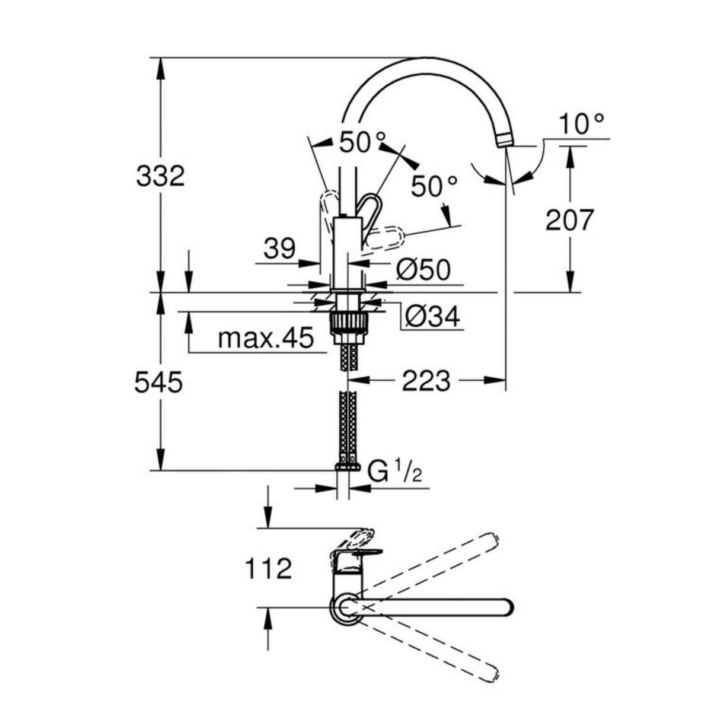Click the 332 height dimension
click(160, 176)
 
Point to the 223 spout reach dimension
click(426, 381)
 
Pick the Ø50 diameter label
click(423, 269)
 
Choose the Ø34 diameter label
click(432, 317)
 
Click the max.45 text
click(266, 339)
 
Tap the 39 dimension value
click(279, 249)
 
